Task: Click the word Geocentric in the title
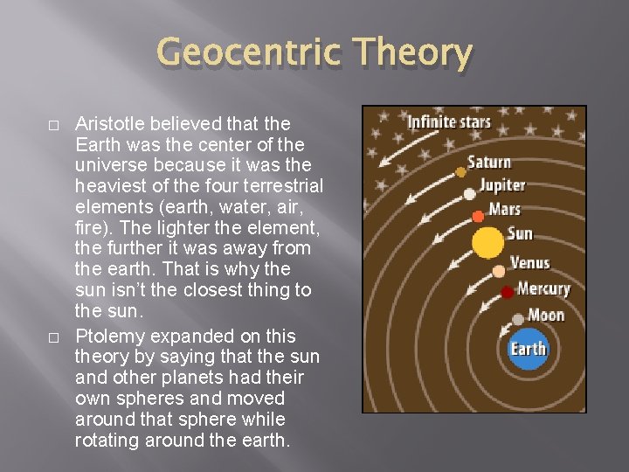point(248,54)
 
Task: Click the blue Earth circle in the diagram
point(528,349)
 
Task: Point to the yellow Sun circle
point(488,242)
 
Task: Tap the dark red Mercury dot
point(507,292)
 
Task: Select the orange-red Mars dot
point(478,216)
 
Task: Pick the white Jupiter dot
point(470,194)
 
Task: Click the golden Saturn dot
point(461,172)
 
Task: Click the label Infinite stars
point(449,121)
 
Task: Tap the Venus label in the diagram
point(529,262)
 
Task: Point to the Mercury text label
point(543,288)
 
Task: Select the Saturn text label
point(488,162)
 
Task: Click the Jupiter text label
point(502,185)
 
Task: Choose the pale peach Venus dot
point(498,271)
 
